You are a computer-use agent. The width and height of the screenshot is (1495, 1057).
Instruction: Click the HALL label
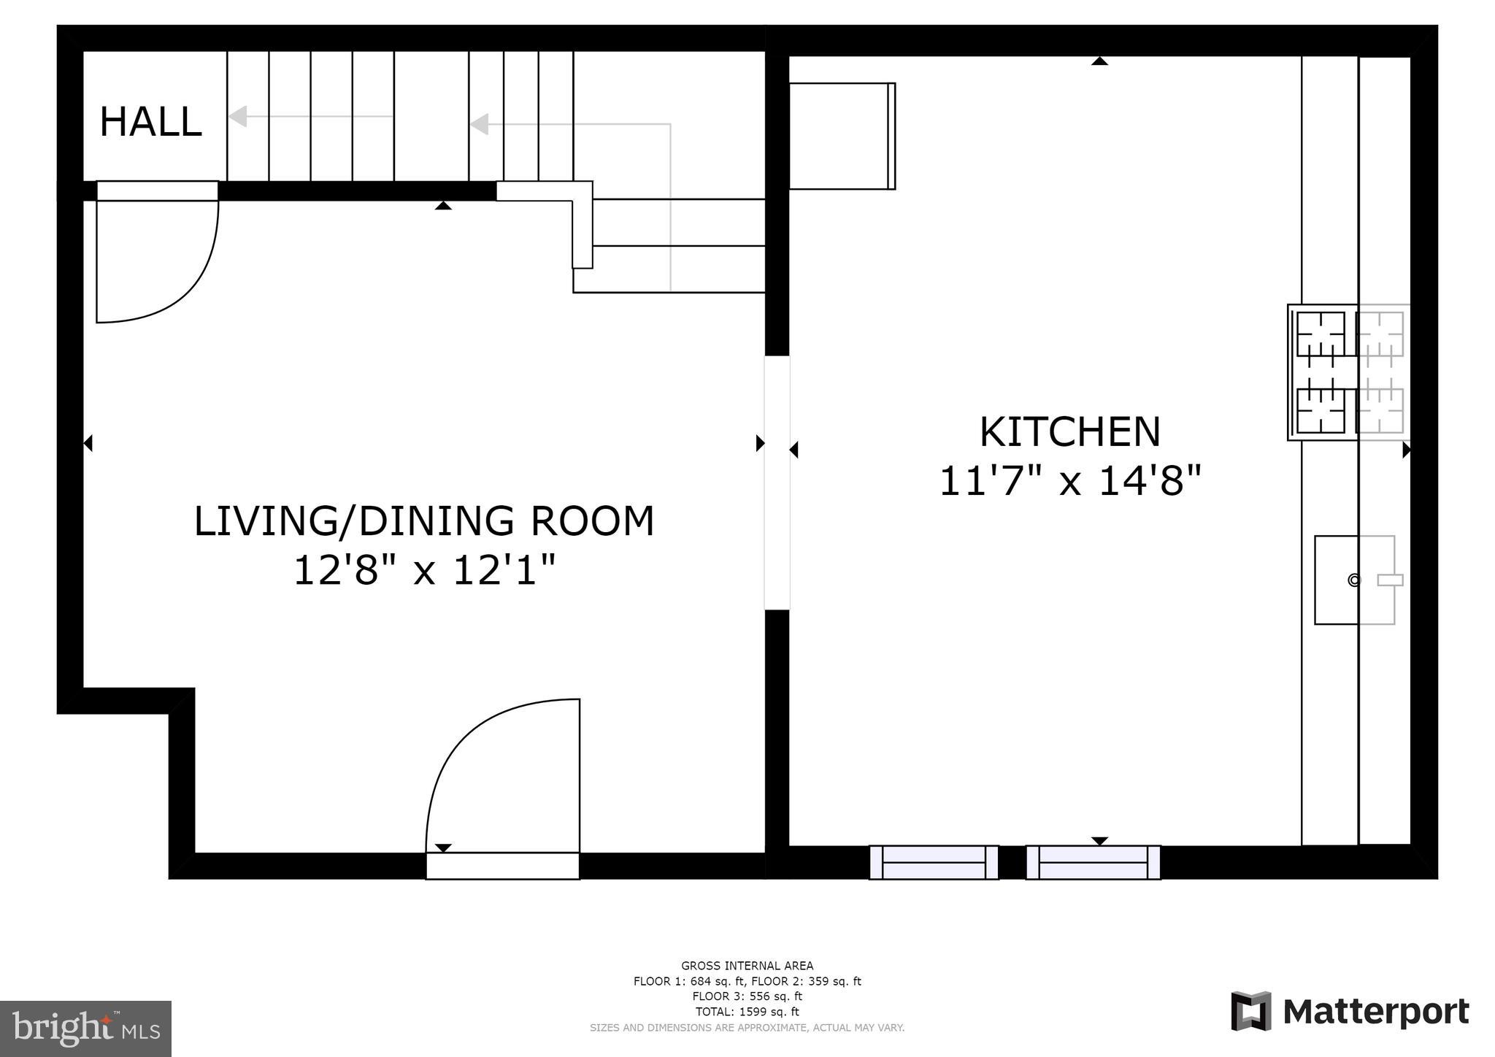(150, 122)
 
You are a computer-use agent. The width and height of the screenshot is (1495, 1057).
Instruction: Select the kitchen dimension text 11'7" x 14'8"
(1069, 481)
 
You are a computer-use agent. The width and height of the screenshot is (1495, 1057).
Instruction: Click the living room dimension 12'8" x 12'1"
(424, 570)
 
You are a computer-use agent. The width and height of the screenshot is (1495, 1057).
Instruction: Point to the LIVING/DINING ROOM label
(424, 521)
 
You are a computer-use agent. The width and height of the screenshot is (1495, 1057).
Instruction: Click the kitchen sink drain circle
(1354, 580)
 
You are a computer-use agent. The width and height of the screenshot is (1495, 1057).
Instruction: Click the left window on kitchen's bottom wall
(934, 862)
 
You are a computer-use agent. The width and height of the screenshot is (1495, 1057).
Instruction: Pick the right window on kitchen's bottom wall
(1093, 862)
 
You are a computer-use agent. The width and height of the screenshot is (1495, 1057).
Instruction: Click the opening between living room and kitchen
(777, 483)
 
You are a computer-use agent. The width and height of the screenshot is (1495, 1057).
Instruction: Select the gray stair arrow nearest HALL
(238, 116)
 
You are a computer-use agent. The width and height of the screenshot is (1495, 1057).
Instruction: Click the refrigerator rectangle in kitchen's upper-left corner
(842, 136)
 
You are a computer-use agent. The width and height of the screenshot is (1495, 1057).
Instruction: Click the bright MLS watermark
(85, 1029)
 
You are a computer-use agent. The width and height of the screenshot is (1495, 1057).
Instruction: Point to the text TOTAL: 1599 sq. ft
(747, 1012)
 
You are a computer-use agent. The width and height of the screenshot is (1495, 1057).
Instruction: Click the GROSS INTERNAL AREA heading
(747, 966)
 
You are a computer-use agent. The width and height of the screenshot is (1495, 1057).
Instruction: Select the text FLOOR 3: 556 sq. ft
(747, 996)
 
